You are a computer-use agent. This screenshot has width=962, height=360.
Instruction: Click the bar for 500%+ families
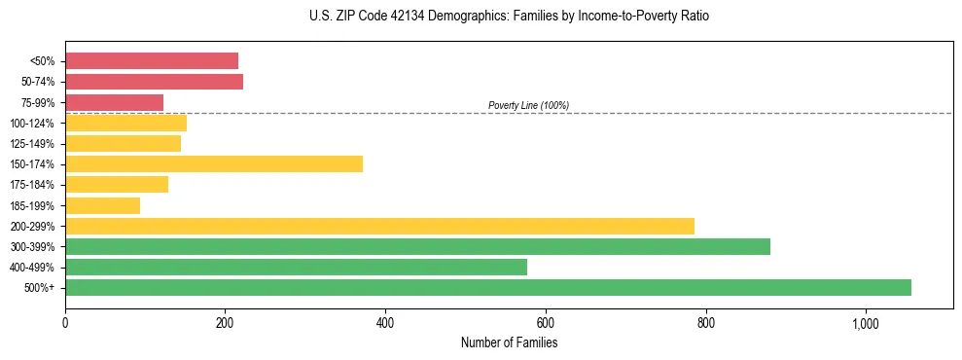click(487, 287)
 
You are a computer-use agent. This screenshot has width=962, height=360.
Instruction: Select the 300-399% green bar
click(417, 246)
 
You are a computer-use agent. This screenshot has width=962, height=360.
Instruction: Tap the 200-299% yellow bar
click(379, 226)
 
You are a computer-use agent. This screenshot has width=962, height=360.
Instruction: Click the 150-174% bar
click(213, 163)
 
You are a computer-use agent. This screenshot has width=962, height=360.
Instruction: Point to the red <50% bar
click(151, 60)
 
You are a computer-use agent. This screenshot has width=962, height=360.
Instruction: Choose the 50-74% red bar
click(154, 81)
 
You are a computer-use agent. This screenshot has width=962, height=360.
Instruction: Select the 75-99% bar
click(114, 102)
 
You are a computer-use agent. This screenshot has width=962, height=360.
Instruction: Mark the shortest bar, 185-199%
click(102, 205)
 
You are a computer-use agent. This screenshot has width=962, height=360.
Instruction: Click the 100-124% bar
click(125, 123)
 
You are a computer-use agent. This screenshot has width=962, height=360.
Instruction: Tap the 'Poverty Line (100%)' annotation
click(528, 105)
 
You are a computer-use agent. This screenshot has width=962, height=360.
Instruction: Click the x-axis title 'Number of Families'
click(509, 342)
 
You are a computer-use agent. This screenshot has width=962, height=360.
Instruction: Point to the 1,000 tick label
click(865, 322)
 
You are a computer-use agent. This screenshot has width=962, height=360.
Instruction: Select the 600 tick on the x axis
click(545, 322)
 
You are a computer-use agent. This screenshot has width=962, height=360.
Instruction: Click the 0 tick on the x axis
click(65, 322)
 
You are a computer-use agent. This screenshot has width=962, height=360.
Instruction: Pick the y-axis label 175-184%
click(32, 185)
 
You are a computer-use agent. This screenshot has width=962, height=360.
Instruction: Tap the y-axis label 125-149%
click(32, 144)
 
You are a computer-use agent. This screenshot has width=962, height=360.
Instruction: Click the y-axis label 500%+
click(40, 288)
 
